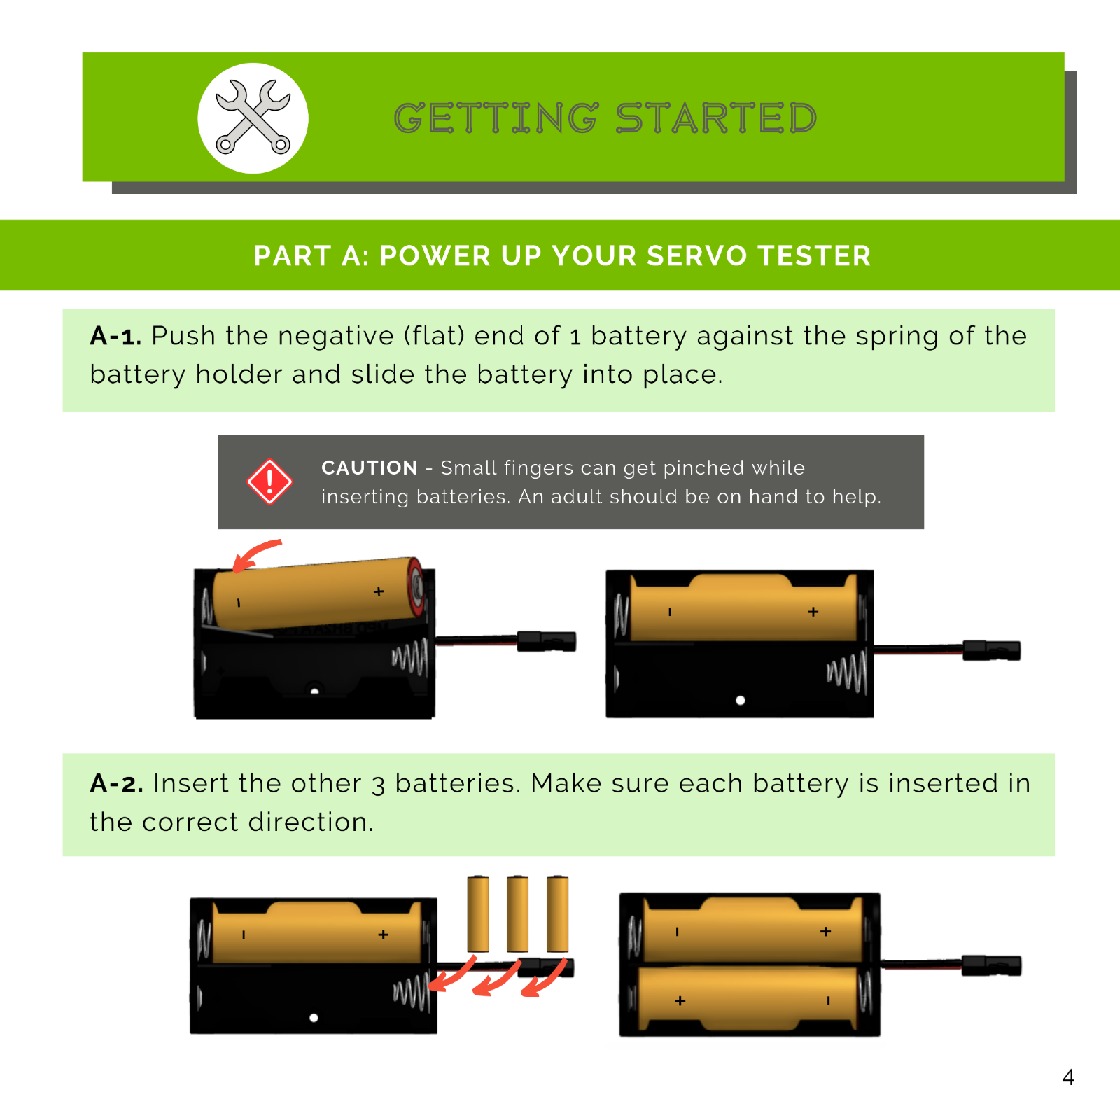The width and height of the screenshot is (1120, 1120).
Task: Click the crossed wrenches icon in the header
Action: coord(253,118)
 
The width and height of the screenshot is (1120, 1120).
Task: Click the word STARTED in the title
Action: coord(716,118)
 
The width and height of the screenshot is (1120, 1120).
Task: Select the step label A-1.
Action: coord(115,336)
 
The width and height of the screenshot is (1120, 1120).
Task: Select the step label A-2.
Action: coord(116,783)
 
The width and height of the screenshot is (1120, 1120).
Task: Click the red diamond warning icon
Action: coord(269,482)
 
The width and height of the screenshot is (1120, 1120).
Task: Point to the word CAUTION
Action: coord(369,468)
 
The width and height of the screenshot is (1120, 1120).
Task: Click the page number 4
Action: coord(1067,1077)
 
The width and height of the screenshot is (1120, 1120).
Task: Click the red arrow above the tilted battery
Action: coord(255,554)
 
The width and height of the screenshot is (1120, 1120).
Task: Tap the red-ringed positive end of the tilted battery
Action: coord(416,586)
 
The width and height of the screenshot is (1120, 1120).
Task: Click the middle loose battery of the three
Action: coord(517,913)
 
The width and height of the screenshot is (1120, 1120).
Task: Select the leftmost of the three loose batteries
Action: coord(478,913)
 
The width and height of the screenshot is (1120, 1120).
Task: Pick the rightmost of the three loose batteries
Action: coord(557,913)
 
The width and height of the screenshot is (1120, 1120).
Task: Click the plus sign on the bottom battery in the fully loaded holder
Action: coord(680,1001)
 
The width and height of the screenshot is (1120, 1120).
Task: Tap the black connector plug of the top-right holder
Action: coord(990,650)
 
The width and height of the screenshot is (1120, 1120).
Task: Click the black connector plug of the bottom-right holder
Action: coord(990,965)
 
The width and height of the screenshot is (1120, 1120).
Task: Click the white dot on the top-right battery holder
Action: coord(741,700)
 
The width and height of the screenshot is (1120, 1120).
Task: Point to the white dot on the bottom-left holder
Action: coord(314,1018)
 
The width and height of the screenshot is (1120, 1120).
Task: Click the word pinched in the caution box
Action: coord(703,468)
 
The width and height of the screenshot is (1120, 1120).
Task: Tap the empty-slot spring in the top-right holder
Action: coord(848,672)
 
